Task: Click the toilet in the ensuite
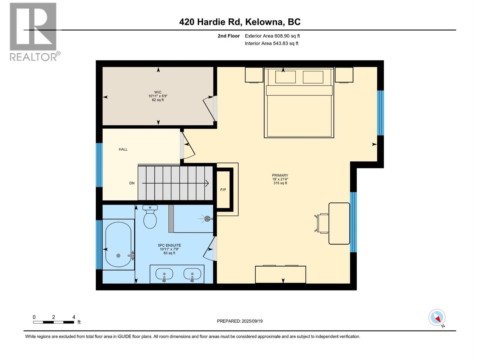point(150,217)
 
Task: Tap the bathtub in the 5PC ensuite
point(118,245)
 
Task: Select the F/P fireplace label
point(223,190)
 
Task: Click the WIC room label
point(158,92)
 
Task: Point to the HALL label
point(123,149)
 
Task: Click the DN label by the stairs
point(132,183)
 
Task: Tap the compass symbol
point(437,317)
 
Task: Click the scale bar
point(54,322)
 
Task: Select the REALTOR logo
point(34,32)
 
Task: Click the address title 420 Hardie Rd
point(240,22)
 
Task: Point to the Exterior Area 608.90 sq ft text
point(272,36)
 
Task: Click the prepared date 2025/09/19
point(240,321)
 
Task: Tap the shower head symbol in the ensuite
point(207,219)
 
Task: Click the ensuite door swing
point(209,249)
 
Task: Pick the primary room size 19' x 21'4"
point(280,179)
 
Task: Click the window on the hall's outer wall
point(99,165)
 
